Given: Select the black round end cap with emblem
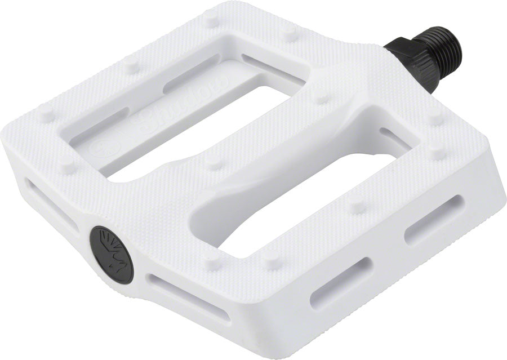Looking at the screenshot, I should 112,254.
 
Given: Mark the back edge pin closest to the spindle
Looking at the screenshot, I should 291,34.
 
